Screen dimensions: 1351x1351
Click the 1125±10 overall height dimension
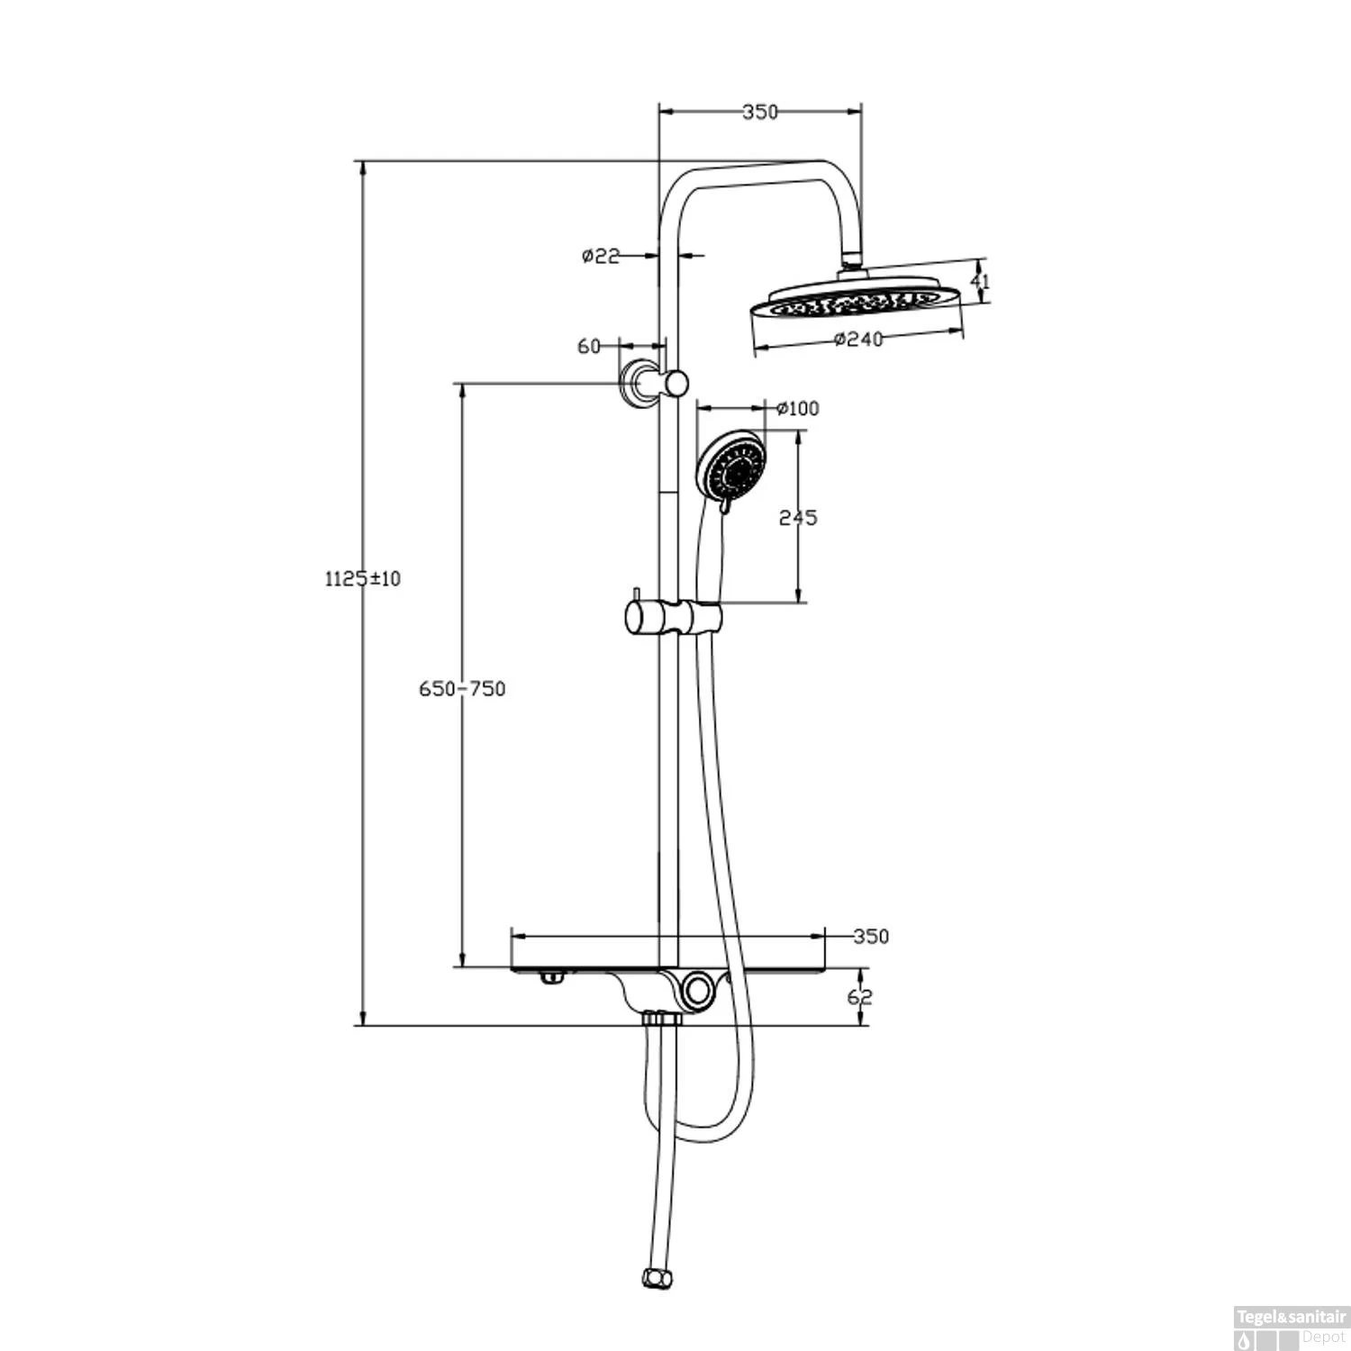[362, 578]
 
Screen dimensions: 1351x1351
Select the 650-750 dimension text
[462, 689]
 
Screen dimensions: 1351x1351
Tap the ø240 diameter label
[858, 339]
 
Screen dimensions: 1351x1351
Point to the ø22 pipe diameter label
[601, 256]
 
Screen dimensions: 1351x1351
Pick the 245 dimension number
[798, 517]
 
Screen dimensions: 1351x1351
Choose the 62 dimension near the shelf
[860, 996]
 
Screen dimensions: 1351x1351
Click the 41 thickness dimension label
[980, 281]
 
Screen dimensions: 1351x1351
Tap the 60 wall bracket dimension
[588, 346]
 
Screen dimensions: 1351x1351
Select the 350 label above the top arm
[759, 112]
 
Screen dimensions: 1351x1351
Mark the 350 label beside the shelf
[871, 936]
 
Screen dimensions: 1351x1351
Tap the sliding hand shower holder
[674, 620]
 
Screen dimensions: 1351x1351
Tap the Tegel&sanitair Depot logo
[1290, 1328]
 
